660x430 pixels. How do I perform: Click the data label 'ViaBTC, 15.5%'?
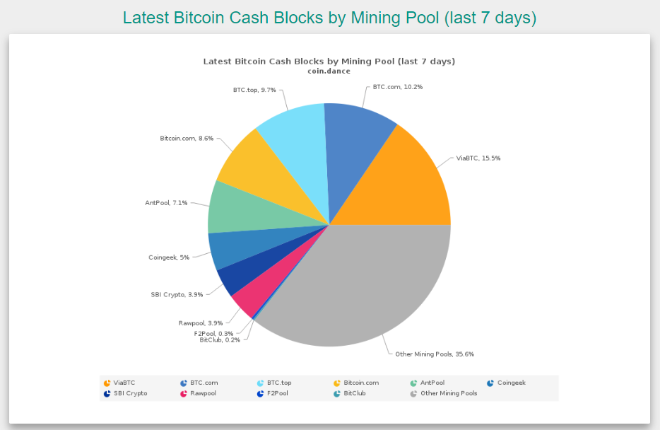[478, 158]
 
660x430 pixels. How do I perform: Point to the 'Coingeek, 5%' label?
[169, 257]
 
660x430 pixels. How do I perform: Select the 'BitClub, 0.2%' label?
[220, 339]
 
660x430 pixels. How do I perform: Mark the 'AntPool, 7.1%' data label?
[166, 203]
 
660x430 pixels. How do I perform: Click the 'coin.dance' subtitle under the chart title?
[329, 71]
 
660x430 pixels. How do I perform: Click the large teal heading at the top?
[329, 18]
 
